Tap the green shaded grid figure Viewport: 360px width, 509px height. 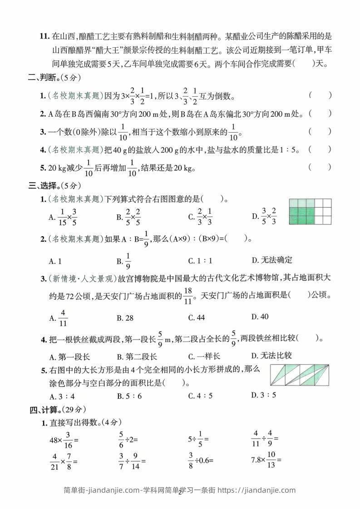(307, 212)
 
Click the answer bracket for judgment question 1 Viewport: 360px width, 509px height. (320, 95)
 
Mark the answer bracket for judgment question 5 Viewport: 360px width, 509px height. (320, 167)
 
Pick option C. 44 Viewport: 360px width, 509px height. (197, 318)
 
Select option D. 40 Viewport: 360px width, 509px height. (260, 316)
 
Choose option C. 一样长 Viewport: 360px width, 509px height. (204, 356)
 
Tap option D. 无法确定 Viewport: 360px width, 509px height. (271, 260)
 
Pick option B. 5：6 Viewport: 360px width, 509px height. (129, 395)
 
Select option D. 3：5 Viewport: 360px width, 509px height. (263, 395)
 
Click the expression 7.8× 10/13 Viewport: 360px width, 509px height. (266, 460)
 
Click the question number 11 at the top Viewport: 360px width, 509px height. (44, 36)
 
